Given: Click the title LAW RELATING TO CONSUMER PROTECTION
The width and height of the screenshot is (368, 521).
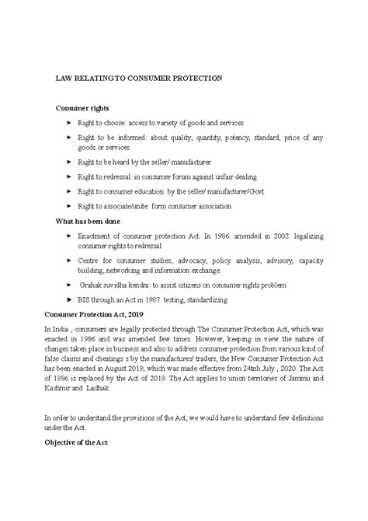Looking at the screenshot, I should [138, 79].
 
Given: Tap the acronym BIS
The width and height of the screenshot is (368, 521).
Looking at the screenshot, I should [85, 299].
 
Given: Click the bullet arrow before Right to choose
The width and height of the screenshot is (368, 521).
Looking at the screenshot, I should [71, 123].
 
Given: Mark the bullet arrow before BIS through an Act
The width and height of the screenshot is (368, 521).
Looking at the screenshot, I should [71, 299].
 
